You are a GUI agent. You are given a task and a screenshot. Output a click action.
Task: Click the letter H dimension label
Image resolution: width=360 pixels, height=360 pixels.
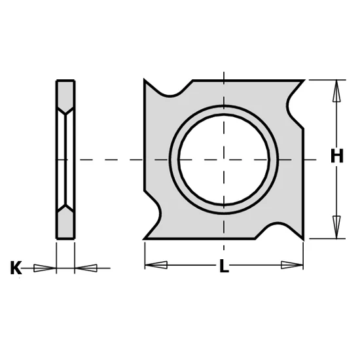pyautogui.click(x=337, y=156)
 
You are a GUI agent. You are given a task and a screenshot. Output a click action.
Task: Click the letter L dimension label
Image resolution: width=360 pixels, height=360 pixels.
pyautogui.click(x=224, y=266)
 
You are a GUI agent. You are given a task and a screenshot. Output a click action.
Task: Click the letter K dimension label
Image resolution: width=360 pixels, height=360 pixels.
pyautogui.click(x=16, y=268)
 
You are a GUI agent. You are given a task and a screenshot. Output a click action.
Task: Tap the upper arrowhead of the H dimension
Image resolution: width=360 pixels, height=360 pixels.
pyautogui.click(x=336, y=91)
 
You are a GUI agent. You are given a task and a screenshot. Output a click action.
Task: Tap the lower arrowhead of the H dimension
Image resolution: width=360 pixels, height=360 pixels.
pyautogui.click(x=336, y=227)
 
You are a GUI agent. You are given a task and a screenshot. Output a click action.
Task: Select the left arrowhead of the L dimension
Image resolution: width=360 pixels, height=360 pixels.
pyautogui.click(x=156, y=265)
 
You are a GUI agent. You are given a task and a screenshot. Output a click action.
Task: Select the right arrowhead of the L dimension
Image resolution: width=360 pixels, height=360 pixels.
pyautogui.click(x=292, y=265)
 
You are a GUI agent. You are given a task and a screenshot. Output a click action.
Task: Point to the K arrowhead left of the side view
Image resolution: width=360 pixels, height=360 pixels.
pyautogui.click(x=45, y=268)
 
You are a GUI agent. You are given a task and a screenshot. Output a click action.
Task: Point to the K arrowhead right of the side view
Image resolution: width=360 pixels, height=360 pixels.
pyautogui.click(x=86, y=268)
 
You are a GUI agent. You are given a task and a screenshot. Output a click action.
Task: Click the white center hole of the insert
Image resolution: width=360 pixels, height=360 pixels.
pyautogui.click(x=224, y=159)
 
